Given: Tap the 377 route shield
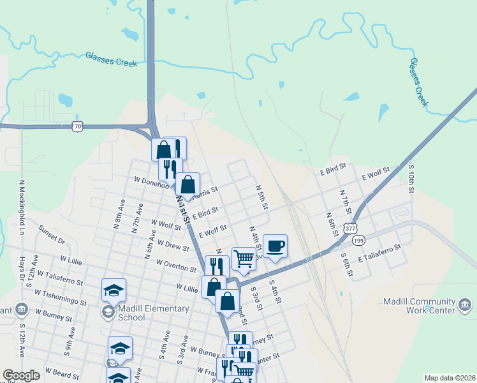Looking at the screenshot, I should point(350,227).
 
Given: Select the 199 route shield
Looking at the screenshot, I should point(359,241).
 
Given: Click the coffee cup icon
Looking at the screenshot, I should point(275,246).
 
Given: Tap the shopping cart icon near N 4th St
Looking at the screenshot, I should point(244,259).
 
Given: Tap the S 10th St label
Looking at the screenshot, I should point(412,179).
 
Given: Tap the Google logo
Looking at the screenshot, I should point(21,375).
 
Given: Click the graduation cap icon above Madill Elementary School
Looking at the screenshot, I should point(114,290).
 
